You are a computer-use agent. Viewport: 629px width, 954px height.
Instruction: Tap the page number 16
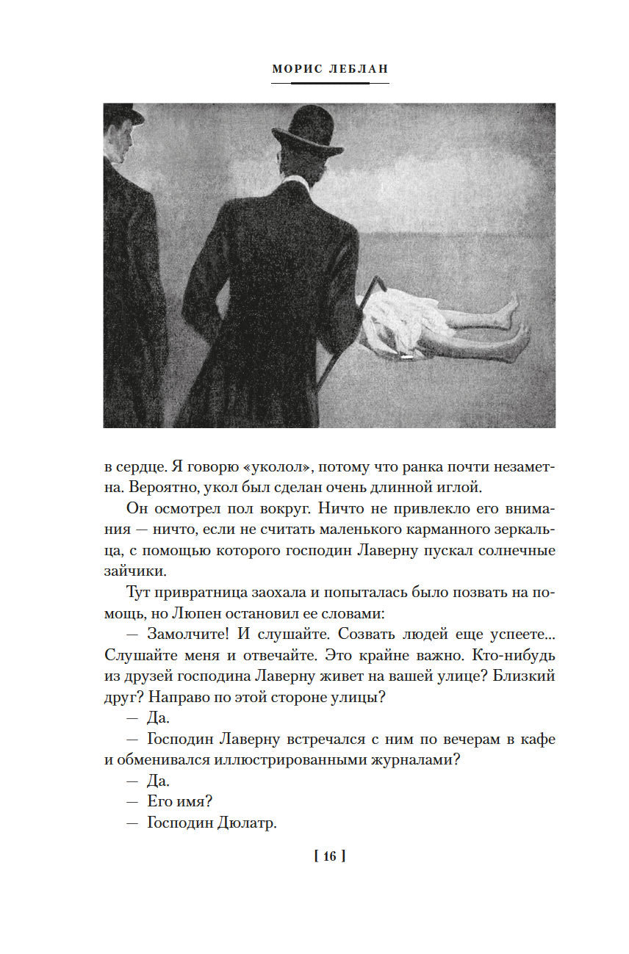pos(328,856)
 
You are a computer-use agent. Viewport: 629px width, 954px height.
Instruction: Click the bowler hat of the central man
pos(309,131)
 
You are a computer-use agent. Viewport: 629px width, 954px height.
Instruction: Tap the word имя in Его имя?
pos(194,801)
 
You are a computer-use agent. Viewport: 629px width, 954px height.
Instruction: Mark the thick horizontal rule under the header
pos(330,84)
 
